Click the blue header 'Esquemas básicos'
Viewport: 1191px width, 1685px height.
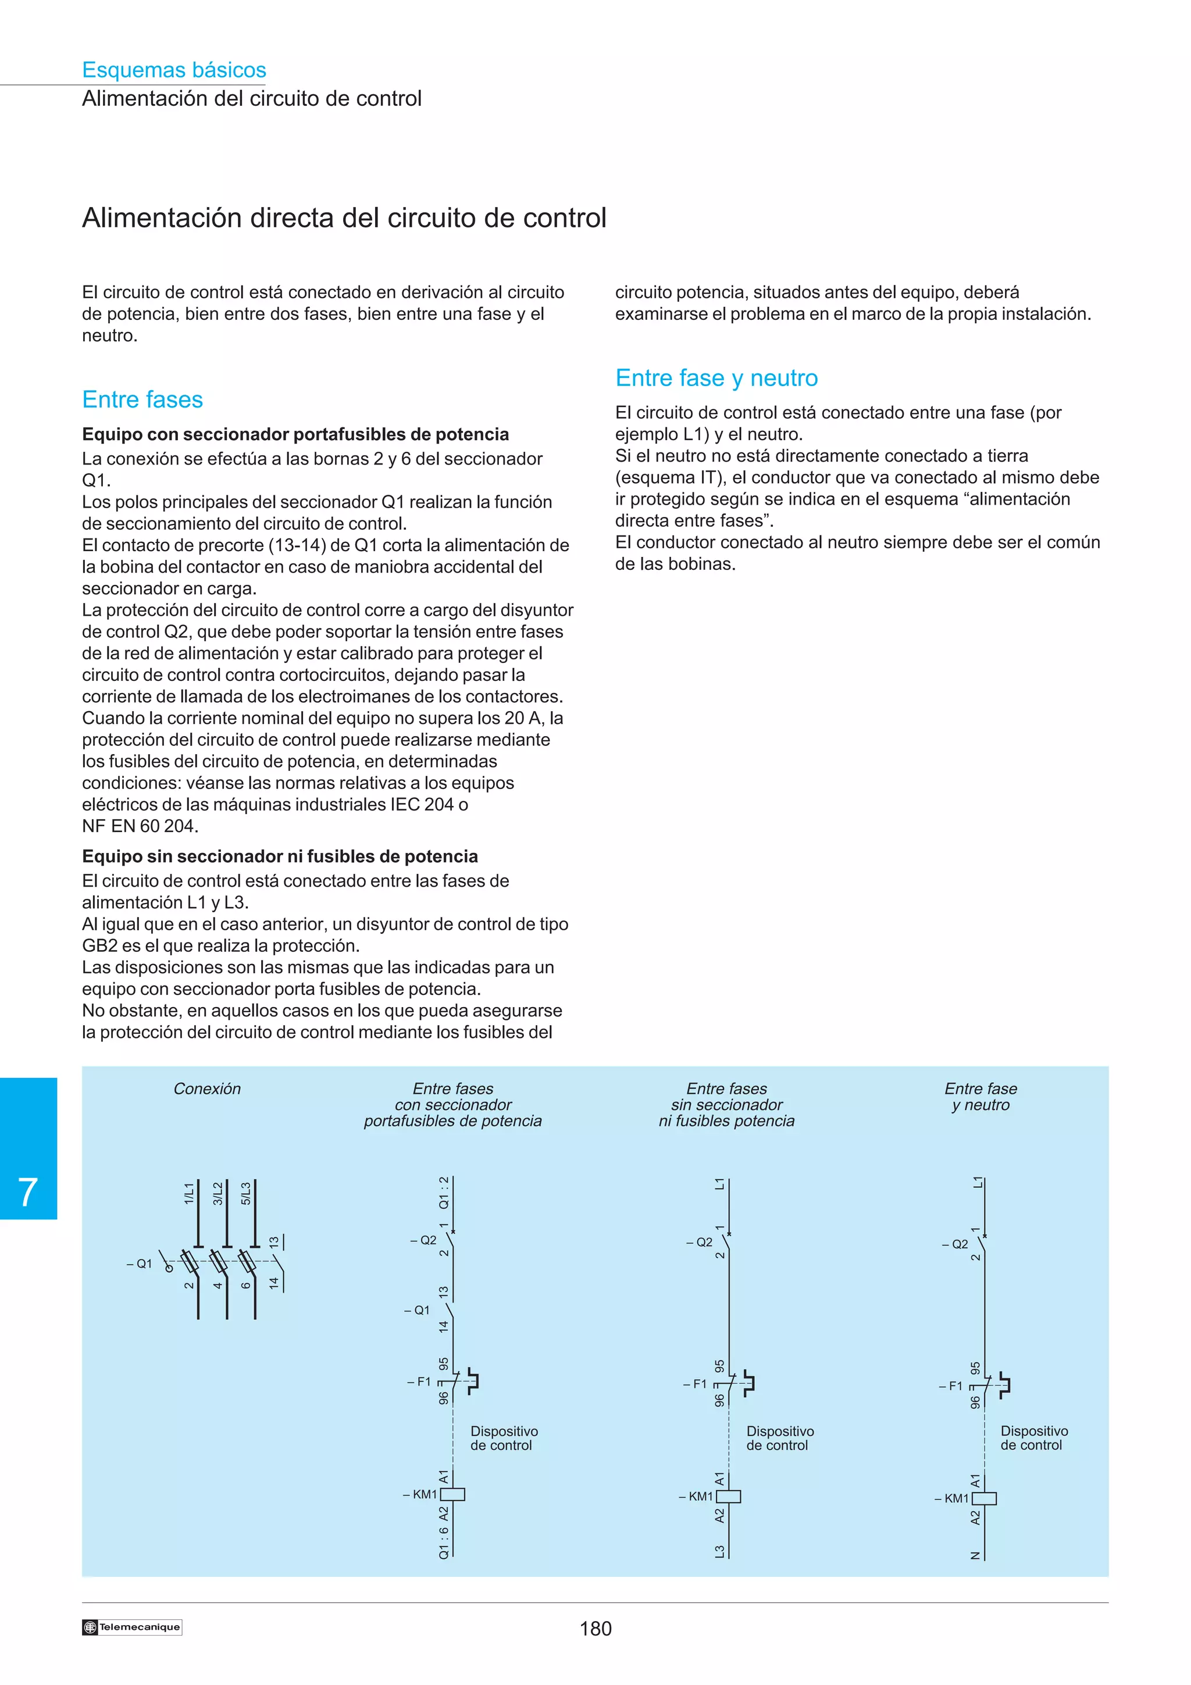click(x=174, y=70)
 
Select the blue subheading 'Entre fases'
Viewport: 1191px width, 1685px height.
click(x=142, y=399)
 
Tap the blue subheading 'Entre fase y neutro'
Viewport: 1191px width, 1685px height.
click(x=716, y=378)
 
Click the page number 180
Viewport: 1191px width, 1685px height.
click(x=595, y=1629)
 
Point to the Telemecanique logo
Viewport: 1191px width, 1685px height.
click(x=132, y=1627)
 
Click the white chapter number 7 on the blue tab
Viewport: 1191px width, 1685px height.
click(x=28, y=1192)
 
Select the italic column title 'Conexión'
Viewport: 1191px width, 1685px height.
click(x=207, y=1089)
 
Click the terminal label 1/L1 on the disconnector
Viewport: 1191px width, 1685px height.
click(x=188, y=1193)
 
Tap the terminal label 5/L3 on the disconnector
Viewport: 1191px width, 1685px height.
click(x=246, y=1193)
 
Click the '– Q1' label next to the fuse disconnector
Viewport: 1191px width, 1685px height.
click(x=140, y=1264)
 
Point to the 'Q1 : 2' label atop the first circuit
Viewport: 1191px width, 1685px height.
click(x=444, y=1193)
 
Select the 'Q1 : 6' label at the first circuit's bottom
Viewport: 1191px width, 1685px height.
click(x=444, y=1543)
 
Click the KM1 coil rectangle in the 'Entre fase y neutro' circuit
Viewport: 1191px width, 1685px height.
click(x=984, y=1498)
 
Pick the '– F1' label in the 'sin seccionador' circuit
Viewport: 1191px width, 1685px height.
click(x=695, y=1384)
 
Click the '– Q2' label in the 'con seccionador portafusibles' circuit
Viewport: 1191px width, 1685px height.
click(x=423, y=1240)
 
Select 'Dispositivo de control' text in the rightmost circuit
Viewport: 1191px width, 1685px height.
click(x=1033, y=1438)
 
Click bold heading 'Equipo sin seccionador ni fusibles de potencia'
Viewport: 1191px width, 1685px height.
click(x=280, y=856)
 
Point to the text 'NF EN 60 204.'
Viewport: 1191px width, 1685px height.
click(x=140, y=826)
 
